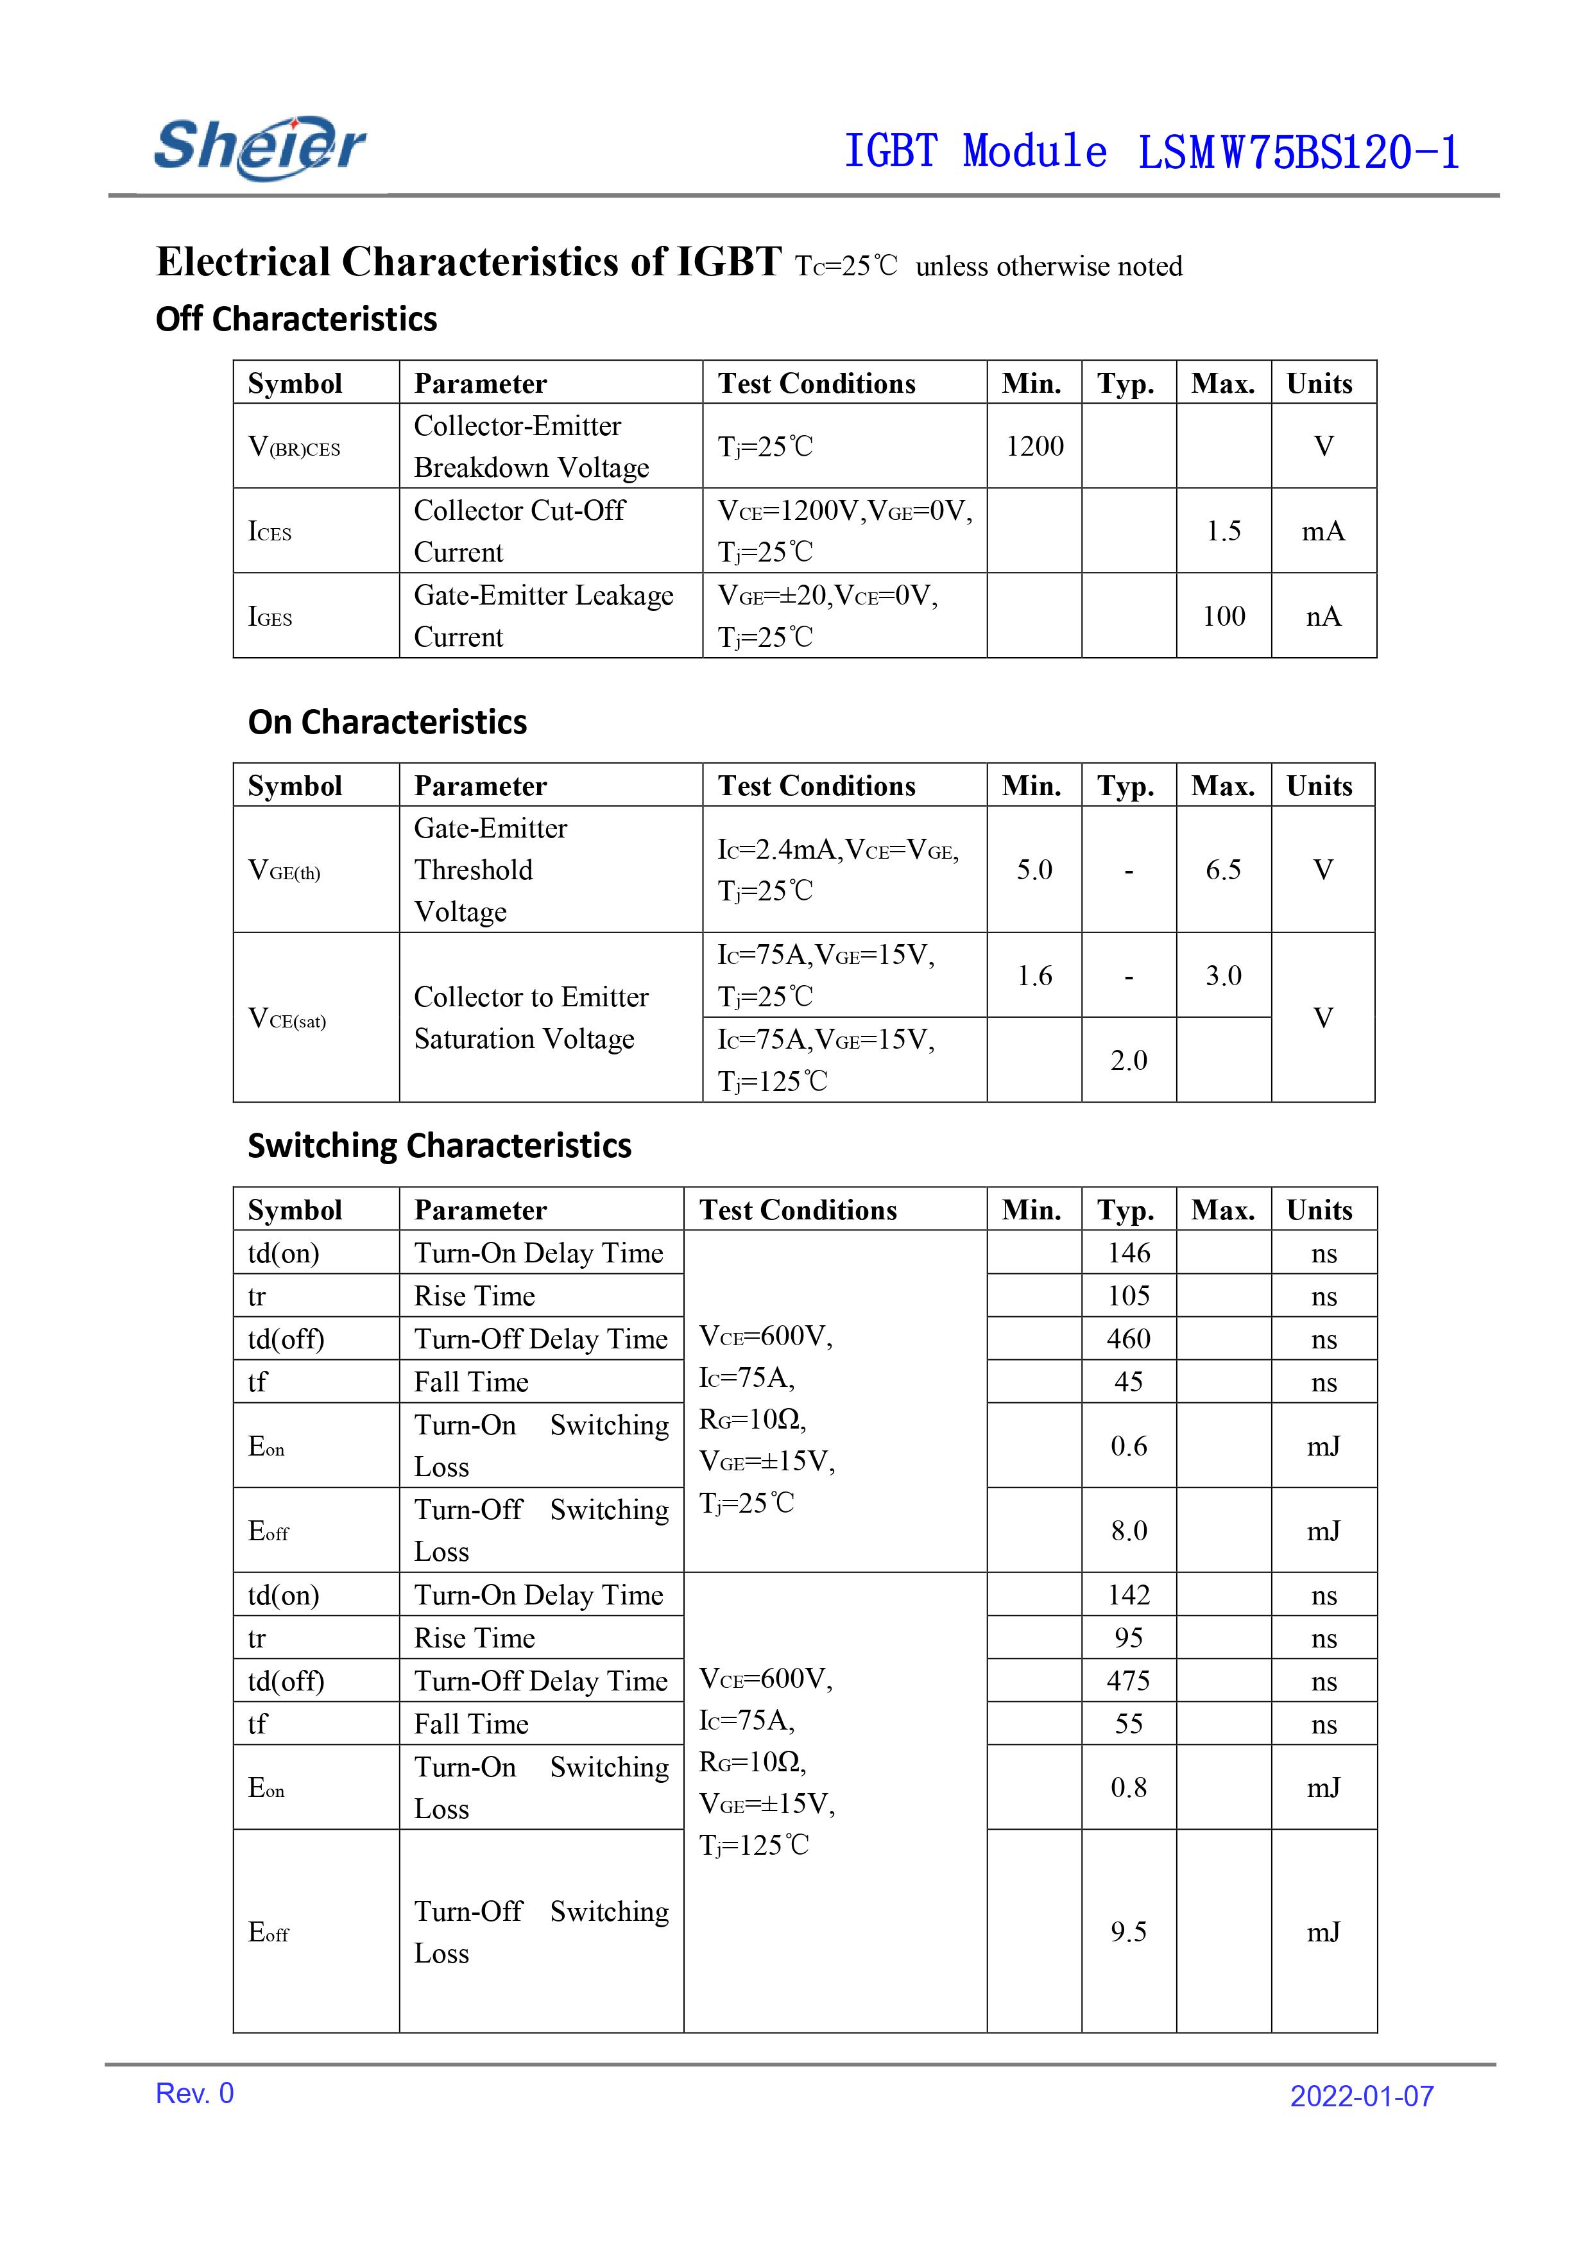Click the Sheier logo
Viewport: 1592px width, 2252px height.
click(x=260, y=147)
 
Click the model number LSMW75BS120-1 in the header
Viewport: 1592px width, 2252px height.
click(x=1297, y=153)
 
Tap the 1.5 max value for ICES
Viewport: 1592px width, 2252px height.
click(x=1223, y=531)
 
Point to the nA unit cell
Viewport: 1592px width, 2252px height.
click(x=1322, y=616)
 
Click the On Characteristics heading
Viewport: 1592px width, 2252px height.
click(x=388, y=722)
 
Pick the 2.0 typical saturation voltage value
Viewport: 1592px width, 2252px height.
click(x=1128, y=1060)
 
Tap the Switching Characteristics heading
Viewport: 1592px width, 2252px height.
click(x=440, y=1146)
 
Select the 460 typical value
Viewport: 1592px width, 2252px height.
click(x=1128, y=1339)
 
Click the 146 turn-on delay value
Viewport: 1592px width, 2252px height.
click(x=1128, y=1253)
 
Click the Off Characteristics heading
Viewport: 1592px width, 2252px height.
click(x=296, y=319)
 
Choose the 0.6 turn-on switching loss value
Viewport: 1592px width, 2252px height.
click(x=1128, y=1446)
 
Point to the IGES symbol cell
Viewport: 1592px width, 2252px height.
click(x=270, y=617)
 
